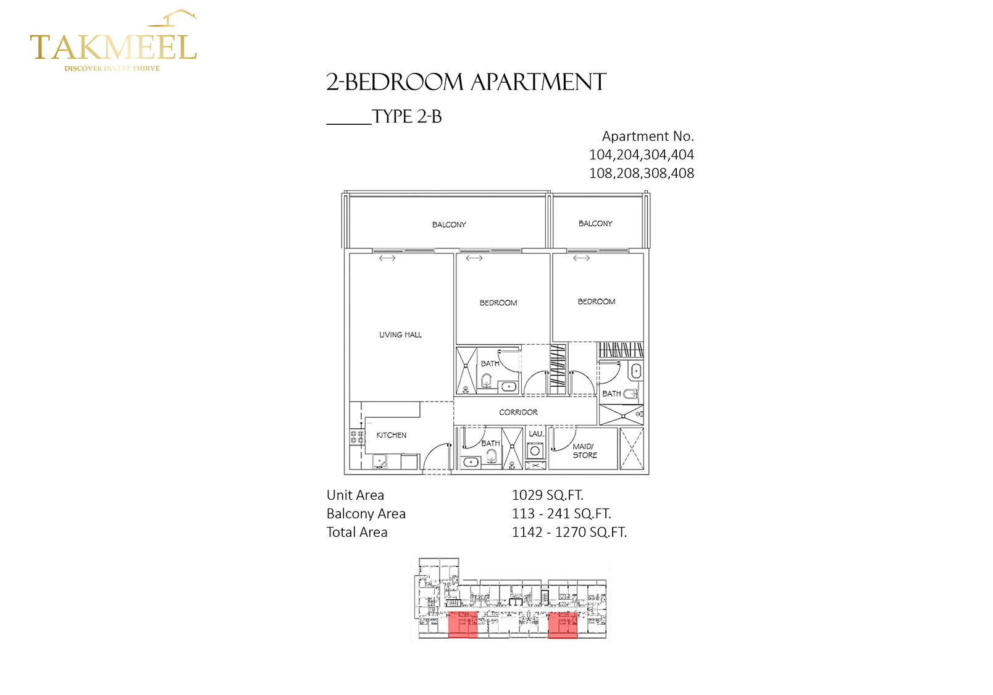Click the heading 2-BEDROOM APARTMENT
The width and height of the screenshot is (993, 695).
click(466, 82)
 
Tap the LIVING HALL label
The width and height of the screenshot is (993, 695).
click(400, 335)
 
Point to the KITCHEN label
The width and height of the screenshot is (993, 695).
click(392, 436)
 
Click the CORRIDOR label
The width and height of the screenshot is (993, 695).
click(518, 412)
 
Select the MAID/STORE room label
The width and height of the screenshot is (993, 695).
click(584, 451)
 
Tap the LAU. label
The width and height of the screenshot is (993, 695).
click(536, 434)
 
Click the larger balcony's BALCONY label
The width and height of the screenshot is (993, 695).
click(449, 225)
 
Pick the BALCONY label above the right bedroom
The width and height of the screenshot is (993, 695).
click(595, 224)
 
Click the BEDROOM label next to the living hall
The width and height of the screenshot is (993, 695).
click(498, 303)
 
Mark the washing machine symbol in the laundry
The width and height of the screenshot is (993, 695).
click(535, 451)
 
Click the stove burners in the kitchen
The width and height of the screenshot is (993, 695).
click(357, 437)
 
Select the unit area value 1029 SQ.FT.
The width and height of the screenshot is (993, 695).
click(547, 495)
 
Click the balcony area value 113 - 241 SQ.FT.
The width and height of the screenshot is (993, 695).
click(561, 514)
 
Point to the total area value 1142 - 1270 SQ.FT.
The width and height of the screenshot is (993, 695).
click(569, 533)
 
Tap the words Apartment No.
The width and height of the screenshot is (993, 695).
click(648, 137)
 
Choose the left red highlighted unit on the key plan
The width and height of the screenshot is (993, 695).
click(463, 625)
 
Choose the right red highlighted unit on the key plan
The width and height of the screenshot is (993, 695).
click(563, 625)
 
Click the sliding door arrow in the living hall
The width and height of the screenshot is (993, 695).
click(387, 258)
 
